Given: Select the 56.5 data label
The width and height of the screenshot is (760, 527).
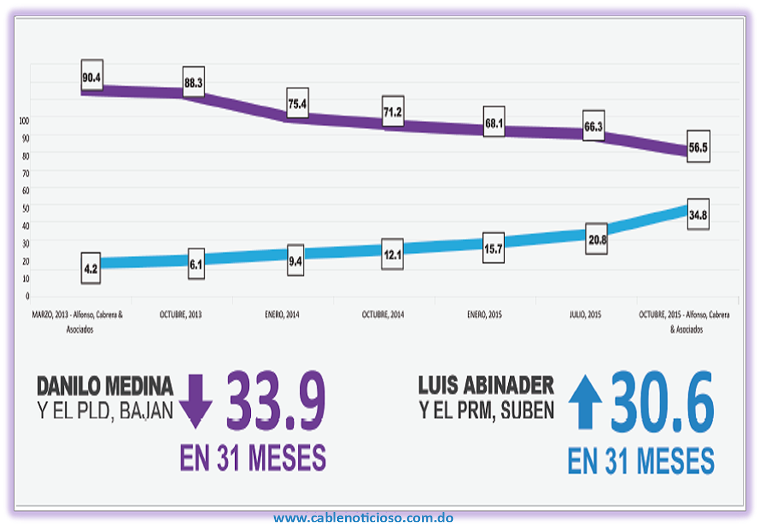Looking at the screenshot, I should (x=698, y=147).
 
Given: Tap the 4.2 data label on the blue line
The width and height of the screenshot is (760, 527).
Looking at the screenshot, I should (x=91, y=268).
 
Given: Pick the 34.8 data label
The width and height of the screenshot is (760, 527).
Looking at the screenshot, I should (x=698, y=215).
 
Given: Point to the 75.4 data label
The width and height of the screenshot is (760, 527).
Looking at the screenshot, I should (x=297, y=103).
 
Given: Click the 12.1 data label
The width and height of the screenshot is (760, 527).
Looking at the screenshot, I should (x=392, y=255).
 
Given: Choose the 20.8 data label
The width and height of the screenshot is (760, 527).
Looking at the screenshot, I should (x=597, y=240).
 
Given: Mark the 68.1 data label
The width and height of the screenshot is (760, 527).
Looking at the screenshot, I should (x=494, y=123).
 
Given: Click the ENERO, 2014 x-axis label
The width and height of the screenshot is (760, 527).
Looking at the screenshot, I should (x=282, y=315).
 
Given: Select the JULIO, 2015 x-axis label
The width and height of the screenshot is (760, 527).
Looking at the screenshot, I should (x=585, y=315).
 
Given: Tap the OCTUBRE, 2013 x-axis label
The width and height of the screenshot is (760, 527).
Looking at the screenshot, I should (x=180, y=315).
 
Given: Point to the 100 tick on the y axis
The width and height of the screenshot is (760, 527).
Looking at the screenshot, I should (x=24, y=121).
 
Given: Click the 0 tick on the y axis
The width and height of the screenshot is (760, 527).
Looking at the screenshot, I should (x=27, y=296).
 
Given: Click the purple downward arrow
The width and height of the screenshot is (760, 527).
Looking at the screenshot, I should (x=195, y=401).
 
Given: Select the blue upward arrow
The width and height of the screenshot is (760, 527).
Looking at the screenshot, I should (x=585, y=402).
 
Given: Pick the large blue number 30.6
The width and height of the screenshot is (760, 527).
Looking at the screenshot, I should (x=662, y=402).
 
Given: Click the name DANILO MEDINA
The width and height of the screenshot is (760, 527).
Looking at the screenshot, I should (x=105, y=386).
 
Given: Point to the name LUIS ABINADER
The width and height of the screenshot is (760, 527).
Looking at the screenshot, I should (x=486, y=385).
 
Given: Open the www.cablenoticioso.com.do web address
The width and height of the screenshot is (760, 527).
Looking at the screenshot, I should (x=363, y=517).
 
